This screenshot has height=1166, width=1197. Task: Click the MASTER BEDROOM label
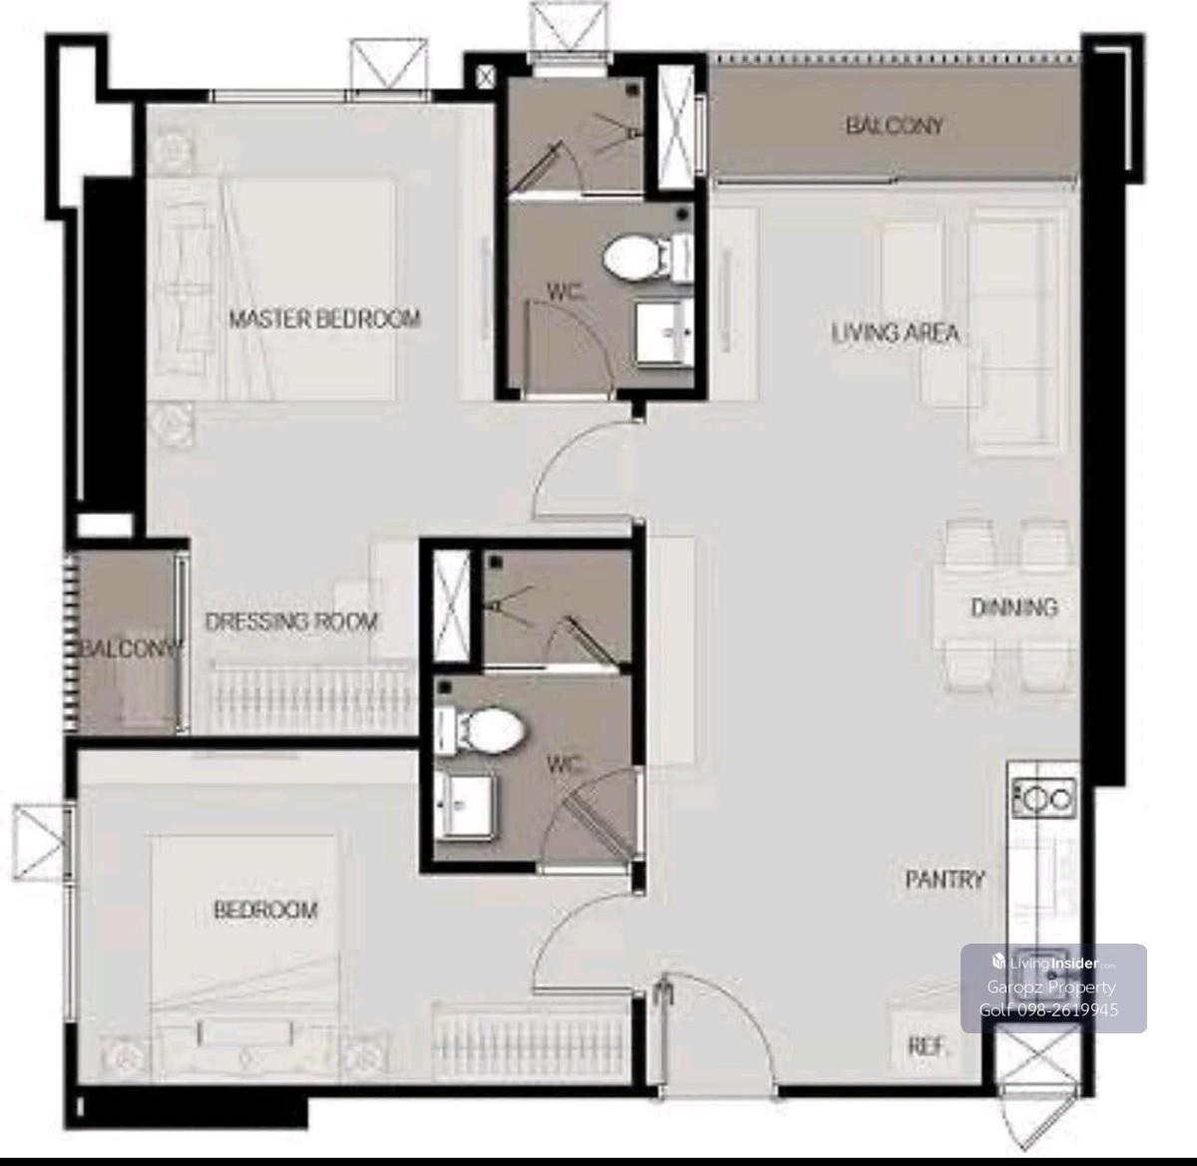click(325, 319)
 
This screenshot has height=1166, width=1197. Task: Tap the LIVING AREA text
click(895, 333)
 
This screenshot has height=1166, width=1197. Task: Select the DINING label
click(1013, 607)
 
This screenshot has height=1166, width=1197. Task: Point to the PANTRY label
click(945, 880)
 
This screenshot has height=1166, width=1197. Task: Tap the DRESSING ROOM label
click(291, 622)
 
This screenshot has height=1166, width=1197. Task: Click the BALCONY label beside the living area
click(894, 126)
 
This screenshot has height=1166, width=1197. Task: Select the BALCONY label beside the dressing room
click(132, 648)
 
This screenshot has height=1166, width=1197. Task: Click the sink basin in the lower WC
click(465, 806)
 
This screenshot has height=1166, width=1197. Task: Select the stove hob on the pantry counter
click(1044, 798)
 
